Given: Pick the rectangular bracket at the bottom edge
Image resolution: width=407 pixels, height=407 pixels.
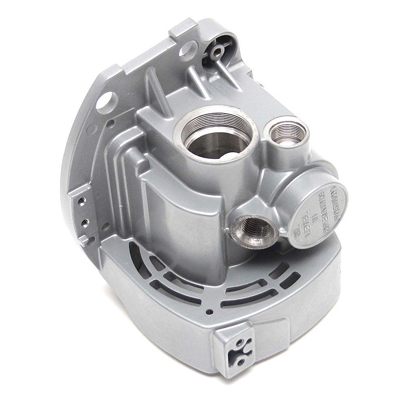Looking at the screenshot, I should [x=234, y=346].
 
